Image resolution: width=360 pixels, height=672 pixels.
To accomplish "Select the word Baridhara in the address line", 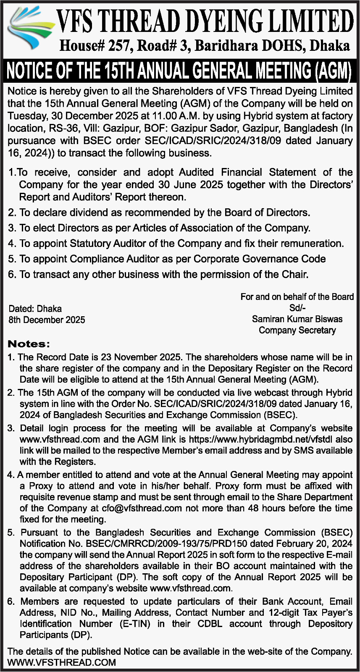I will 226,45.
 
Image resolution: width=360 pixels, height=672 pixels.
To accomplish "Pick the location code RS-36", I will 56,128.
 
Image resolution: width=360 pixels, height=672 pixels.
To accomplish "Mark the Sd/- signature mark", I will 297,308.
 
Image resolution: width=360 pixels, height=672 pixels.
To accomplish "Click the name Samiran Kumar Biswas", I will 297,319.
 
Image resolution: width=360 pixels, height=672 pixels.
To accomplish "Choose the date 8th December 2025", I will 47,320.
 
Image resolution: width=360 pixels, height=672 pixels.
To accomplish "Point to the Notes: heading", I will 29,344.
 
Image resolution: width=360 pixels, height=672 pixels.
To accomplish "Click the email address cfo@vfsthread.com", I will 142,508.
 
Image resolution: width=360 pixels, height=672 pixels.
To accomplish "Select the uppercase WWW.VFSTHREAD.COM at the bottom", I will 62,663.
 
